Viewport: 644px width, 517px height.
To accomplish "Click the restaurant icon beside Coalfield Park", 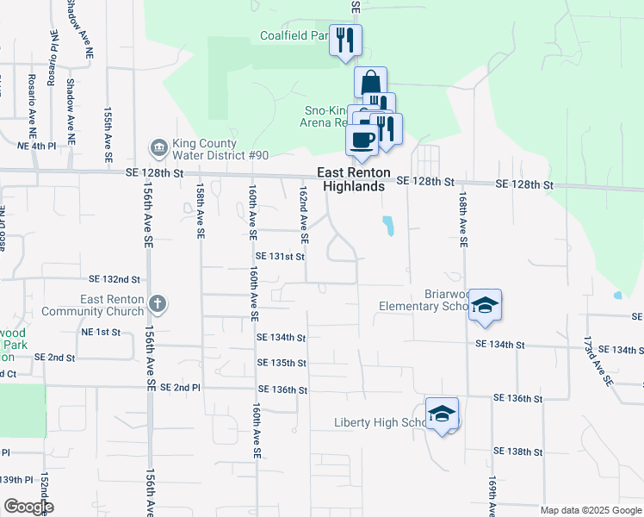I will point(345,40).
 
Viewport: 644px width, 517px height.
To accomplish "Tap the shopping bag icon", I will point(370,83).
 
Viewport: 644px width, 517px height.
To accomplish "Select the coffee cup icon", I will point(362,140).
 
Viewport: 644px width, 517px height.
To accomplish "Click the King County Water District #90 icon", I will point(158,148).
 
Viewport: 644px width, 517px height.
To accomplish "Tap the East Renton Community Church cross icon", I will point(157,303).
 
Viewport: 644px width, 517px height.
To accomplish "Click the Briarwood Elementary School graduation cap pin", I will point(486,306).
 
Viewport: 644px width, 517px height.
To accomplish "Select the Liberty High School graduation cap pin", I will point(442,414).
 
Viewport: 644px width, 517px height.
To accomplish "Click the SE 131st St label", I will point(281,256).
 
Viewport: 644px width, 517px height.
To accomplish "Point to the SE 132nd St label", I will point(115,279).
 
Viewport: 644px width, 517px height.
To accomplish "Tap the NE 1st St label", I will point(101,332).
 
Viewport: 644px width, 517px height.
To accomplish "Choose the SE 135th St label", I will point(282,364).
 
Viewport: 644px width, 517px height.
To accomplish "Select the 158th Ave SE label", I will point(200,209).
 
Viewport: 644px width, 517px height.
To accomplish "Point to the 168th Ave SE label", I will point(462,221).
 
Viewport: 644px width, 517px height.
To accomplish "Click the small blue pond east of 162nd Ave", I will point(389,227).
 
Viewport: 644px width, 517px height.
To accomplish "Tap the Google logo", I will point(28,507).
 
